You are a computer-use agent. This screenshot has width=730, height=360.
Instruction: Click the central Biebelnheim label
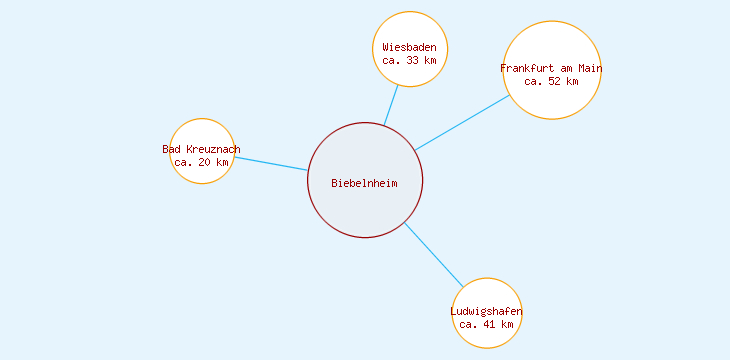point(365,182)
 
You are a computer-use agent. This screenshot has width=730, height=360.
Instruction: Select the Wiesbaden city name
point(409,47)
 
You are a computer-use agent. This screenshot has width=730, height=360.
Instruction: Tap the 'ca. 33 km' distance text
point(409,60)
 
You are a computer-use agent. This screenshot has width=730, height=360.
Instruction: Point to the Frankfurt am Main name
point(551,68)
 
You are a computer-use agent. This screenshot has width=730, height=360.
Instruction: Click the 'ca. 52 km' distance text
point(551,81)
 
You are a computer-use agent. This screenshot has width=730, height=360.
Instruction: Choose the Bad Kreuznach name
point(201,149)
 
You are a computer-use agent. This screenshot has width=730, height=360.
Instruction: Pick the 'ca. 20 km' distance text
point(201,162)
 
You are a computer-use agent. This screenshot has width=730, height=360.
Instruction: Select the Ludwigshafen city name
point(486,311)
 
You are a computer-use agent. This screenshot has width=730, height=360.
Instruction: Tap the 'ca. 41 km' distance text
point(486,324)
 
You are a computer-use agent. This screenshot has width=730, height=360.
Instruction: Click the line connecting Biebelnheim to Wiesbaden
point(391,105)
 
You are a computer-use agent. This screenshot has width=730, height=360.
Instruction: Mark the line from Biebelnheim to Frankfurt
point(462,123)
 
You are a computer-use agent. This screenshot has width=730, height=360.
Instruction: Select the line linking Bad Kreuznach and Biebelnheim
point(270,163)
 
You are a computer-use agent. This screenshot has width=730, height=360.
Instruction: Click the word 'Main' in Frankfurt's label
point(588,68)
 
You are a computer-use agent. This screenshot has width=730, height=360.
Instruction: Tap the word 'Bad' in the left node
point(171,149)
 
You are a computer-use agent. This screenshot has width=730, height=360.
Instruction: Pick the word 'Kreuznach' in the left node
point(213,149)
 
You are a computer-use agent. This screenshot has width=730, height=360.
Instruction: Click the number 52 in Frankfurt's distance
point(554,81)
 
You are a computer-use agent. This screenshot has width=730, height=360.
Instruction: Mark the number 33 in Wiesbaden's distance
point(412,60)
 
